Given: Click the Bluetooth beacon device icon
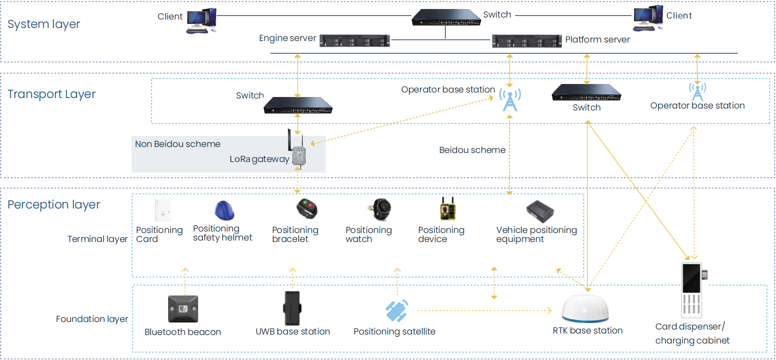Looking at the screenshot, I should (183, 309).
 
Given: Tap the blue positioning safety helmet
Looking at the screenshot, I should (224, 210).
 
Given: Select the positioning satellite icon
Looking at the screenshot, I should (397, 310).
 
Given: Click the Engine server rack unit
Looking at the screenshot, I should (354, 40).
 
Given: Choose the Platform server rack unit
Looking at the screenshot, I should (526, 40).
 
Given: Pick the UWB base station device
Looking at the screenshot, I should (292, 308).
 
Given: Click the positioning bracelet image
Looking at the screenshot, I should (307, 209).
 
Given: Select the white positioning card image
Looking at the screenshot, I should (163, 209).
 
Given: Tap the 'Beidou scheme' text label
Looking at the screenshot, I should (472, 150).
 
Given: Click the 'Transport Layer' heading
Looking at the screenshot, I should (52, 94).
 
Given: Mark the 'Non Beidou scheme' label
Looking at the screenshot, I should (178, 144).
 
